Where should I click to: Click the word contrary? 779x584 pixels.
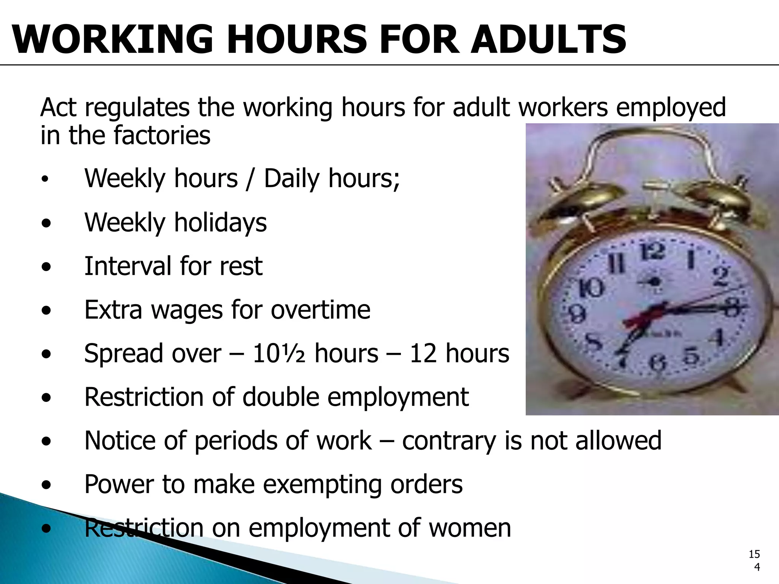pyautogui.click(x=449, y=441)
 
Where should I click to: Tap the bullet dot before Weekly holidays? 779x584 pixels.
pyautogui.click(x=46, y=224)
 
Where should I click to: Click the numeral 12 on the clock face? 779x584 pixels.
pyautogui.click(x=652, y=252)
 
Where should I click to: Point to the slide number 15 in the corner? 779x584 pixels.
pyautogui.click(x=754, y=554)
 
